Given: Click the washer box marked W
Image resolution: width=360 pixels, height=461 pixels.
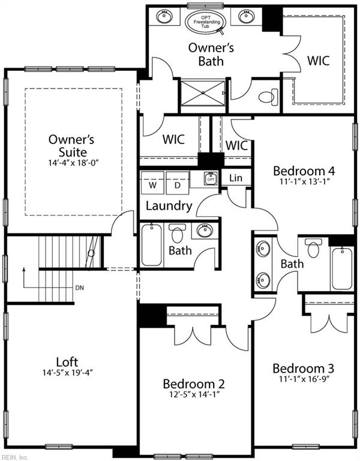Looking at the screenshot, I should point(153,185).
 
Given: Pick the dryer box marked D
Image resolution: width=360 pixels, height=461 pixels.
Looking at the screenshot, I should point(178,185).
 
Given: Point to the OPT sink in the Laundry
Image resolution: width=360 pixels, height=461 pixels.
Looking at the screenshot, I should point(210,179).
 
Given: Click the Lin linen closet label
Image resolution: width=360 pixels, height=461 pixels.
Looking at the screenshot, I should point(236,178).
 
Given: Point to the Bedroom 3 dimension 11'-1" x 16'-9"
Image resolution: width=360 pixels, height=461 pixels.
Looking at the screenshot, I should point(303,379).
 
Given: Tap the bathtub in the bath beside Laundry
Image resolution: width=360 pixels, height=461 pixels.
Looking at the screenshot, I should point(151,245).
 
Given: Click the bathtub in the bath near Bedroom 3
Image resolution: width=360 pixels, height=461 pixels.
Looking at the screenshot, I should point(343,268).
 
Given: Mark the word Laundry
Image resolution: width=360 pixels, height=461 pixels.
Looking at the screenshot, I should point(169,206).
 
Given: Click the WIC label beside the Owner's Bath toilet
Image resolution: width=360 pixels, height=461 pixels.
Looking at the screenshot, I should point(318,61).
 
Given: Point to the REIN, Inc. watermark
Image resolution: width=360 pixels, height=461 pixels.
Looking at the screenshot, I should point(15,457).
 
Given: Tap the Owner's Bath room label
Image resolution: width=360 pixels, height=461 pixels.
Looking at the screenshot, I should point(211,54).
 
